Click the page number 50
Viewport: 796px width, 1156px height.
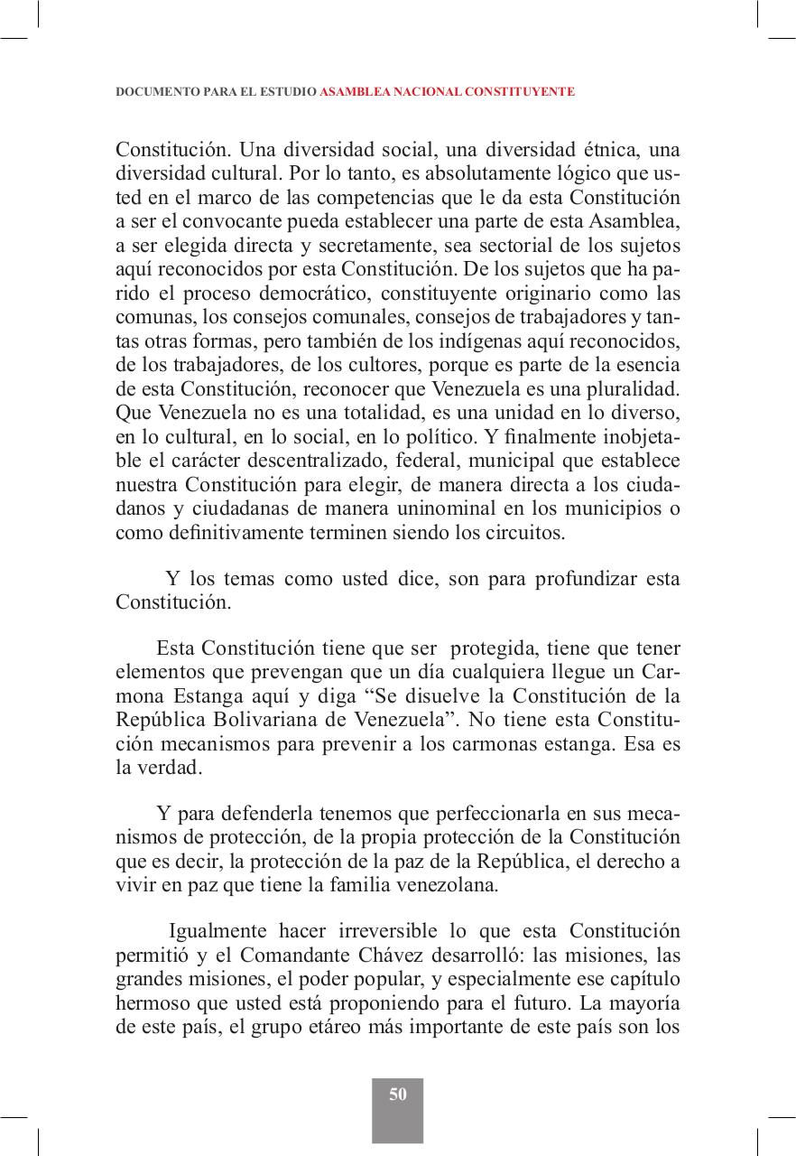pyautogui.click(x=398, y=1095)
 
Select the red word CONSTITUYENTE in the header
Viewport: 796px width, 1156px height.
pyautogui.click(x=524, y=92)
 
